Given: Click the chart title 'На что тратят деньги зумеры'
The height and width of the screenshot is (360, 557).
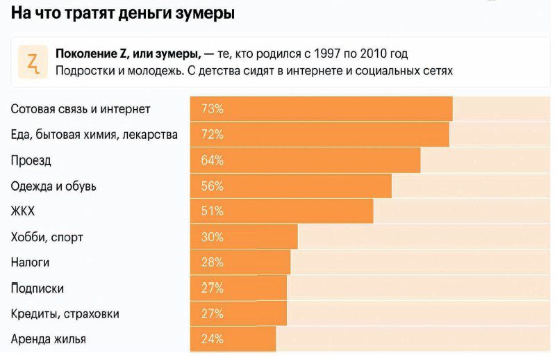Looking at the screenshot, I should [122, 13].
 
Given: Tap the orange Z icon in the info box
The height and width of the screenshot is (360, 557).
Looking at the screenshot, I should [33, 63].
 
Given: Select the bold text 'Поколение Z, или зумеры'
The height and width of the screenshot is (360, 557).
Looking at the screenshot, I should [128, 54].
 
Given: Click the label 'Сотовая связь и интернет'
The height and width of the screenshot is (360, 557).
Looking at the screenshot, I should [81, 109].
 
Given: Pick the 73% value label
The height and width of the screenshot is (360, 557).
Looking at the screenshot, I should [212, 109].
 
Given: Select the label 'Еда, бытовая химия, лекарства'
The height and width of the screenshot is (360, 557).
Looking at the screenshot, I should [94, 134].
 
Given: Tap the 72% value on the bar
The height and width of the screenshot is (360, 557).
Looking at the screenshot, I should [212, 134].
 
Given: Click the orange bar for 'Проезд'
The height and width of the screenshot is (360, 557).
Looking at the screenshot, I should [306, 161].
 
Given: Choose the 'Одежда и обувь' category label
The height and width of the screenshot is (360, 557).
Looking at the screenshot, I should [53, 186].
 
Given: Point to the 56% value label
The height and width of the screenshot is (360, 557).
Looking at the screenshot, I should [212, 186].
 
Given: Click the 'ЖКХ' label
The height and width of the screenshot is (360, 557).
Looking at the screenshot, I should [23, 211].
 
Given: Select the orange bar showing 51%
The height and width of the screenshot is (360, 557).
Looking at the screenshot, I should [281, 211].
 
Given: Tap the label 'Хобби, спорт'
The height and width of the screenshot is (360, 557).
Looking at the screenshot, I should [47, 237].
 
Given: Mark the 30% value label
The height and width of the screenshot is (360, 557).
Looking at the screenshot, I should [212, 237].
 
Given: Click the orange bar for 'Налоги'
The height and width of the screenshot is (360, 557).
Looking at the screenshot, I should [240, 263].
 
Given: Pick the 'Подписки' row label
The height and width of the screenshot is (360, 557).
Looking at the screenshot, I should [38, 288].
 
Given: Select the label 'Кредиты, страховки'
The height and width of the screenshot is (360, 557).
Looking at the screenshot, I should [65, 314].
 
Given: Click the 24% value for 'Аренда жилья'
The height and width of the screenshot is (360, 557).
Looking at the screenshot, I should [212, 339].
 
